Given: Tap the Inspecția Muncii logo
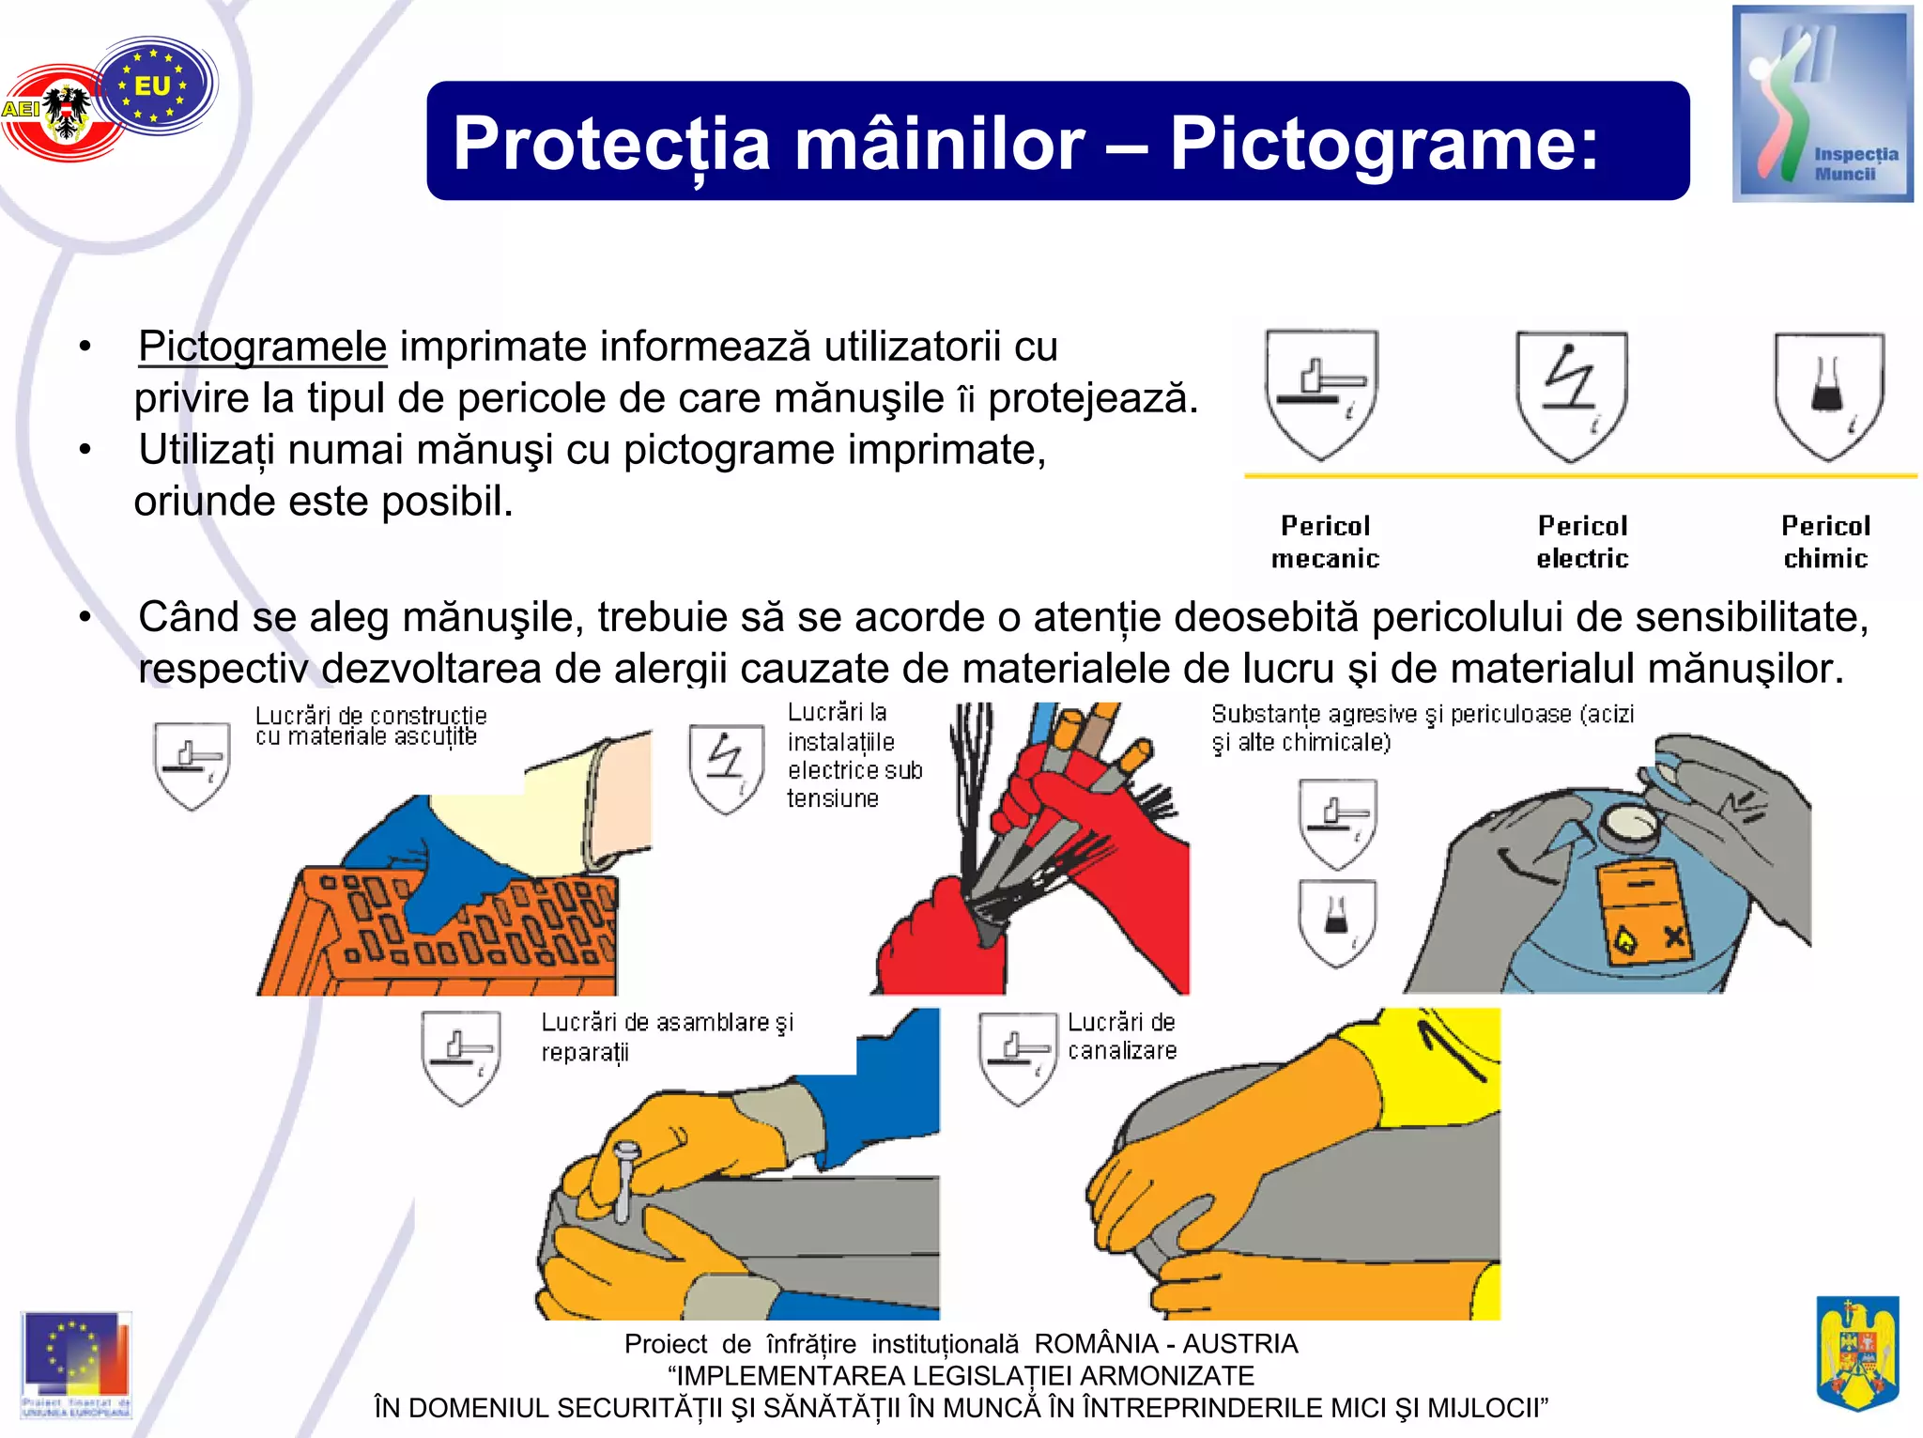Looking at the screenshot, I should (x=1822, y=104).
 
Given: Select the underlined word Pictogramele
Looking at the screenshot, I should (x=262, y=347).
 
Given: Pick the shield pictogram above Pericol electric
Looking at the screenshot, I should (x=1571, y=395).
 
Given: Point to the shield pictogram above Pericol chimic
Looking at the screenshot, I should (x=1828, y=395).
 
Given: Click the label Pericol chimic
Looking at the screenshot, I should (x=1825, y=542).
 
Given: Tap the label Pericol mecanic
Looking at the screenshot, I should (x=1325, y=542).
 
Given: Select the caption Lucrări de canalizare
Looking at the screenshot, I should (x=1121, y=1036).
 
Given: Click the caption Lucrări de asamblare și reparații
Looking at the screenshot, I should (x=666, y=1036).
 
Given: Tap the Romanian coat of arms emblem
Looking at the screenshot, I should (x=1857, y=1352).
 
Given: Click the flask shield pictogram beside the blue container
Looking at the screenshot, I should (x=1337, y=922).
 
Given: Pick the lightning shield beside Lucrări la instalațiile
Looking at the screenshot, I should (x=725, y=767).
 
